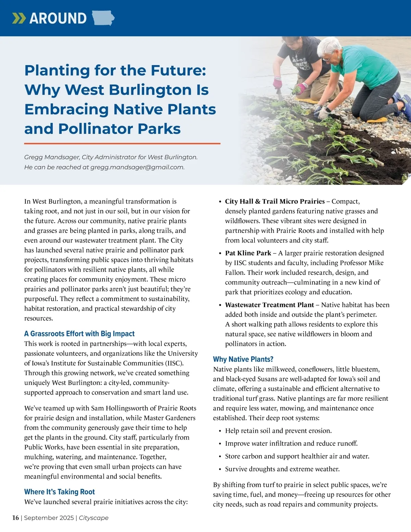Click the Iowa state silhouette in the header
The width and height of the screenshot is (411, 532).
coord(103,18)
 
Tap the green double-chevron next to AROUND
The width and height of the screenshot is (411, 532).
coord(19,18)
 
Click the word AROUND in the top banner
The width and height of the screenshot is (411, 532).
coord(58,18)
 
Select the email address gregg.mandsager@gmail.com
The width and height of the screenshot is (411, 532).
coord(137,167)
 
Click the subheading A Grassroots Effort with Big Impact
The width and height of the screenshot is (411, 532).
coord(79,334)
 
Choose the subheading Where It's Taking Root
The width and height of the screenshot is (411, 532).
coord(59,492)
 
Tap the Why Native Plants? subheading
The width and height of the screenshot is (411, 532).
coord(243,359)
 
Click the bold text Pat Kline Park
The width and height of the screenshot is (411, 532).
coord(248,253)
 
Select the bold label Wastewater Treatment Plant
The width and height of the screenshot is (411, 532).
coord(269,305)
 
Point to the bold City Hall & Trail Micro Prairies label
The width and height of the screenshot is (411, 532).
coord(275,201)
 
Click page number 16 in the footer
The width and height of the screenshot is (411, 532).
coord(15,518)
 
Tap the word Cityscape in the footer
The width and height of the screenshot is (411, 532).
coord(94,518)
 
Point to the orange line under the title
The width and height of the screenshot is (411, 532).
coord(122,144)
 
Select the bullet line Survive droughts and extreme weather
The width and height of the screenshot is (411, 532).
coord(282,469)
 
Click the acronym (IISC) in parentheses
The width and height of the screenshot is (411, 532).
coord(174,363)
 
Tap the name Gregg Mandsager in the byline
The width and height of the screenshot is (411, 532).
coord(51,157)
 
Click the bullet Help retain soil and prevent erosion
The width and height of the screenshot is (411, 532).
coord(278,431)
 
